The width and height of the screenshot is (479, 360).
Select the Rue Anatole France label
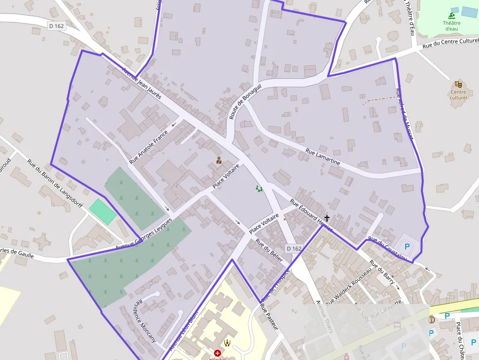(149, 147)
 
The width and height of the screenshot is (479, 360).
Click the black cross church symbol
(327, 218)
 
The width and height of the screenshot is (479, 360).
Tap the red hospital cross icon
(218, 353)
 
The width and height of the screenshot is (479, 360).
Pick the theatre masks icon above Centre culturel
(458, 84)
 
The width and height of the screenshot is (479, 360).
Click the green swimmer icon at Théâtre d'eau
(451, 16)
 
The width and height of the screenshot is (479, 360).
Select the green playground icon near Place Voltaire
(259, 189)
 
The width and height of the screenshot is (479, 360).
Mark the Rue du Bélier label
(269, 251)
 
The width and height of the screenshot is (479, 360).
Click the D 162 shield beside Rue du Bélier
(294, 249)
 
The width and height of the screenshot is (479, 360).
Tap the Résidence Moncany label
(145, 320)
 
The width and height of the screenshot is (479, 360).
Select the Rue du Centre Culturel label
(450, 43)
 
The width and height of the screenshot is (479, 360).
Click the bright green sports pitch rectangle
(103, 212)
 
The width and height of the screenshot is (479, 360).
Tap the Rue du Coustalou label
(387, 248)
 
